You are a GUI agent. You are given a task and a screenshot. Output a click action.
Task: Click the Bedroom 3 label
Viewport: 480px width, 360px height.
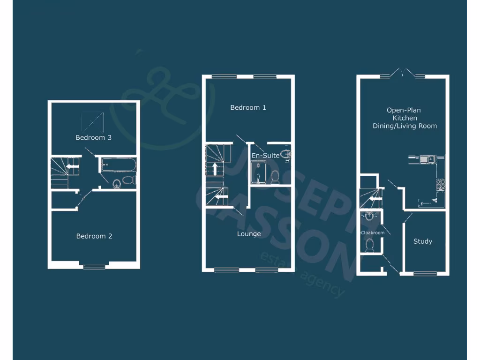[x=94, y=138]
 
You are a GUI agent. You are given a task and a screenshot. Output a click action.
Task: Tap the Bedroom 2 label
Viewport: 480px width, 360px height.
[x=94, y=236]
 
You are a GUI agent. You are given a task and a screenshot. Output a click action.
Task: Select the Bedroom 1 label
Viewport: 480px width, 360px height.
[x=248, y=108]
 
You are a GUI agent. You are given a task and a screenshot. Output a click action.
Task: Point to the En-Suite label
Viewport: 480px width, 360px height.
[x=265, y=155]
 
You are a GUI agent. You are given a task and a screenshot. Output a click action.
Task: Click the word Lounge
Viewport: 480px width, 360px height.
[x=248, y=234]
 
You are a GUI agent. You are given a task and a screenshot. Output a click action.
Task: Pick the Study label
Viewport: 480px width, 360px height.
[x=422, y=241]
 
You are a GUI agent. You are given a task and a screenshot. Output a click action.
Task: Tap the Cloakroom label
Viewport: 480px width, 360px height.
[x=372, y=232]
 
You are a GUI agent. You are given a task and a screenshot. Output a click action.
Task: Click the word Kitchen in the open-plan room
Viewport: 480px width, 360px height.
[x=405, y=118]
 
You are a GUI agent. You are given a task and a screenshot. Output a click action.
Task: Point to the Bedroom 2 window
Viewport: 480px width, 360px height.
[x=94, y=267]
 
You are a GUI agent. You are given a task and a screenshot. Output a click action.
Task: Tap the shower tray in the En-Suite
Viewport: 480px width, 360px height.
[x=258, y=172]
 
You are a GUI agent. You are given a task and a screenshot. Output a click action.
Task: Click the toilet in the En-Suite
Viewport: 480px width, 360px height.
[x=275, y=176]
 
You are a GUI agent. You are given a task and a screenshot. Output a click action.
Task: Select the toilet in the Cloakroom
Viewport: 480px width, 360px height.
[x=369, y=244]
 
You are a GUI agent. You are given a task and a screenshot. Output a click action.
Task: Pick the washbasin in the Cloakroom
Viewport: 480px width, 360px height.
[x=369, y=216]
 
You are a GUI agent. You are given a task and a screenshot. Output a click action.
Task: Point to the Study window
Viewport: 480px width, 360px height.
[x=425, y=273]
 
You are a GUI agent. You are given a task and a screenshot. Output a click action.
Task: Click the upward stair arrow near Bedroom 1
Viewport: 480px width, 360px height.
[x=215, y=168]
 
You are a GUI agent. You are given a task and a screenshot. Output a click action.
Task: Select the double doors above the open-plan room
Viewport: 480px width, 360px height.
[x=403, y=74]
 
